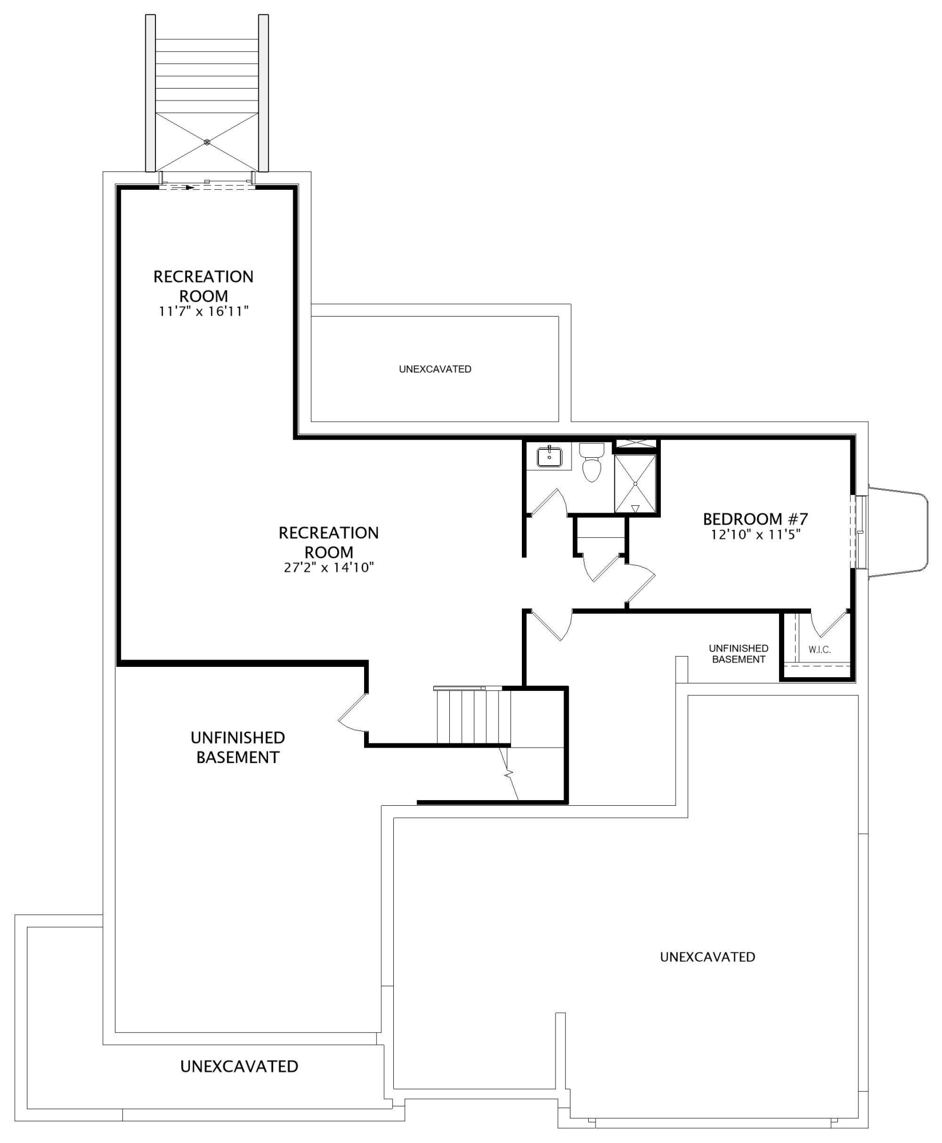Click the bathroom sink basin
(549, 457)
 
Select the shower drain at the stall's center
(635, 483)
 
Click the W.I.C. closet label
(820, 650)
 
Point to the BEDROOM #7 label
(755, 519)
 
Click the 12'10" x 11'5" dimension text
(755, 535)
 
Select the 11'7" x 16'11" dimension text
(204, 311)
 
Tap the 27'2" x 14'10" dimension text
(329, 567)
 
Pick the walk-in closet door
(829, 624)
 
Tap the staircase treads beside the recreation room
(473, 716)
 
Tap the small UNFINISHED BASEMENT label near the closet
(739, 654)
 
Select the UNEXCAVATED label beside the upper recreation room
(435, 369)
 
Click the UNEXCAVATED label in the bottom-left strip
(239, 1066)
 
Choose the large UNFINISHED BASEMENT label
(238, 748)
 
